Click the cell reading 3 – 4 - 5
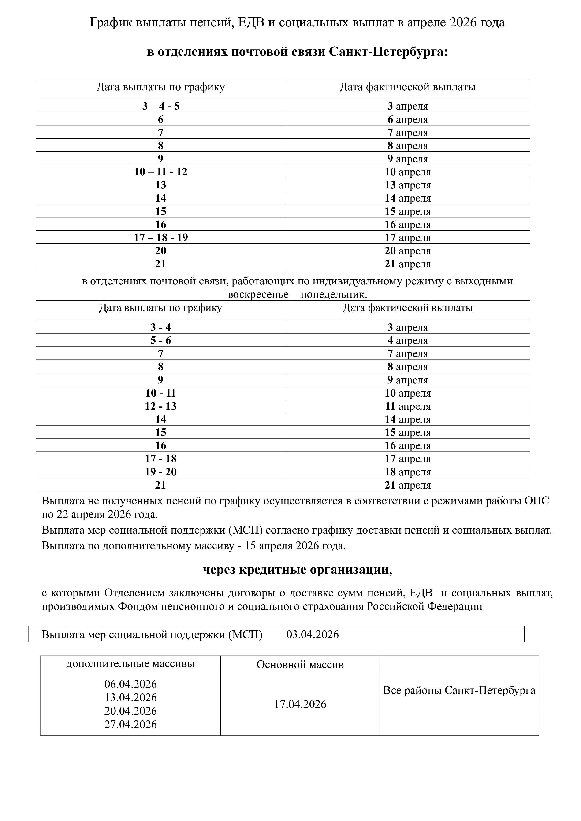tap(161, 106)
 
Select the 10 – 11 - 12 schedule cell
tap(161, 172)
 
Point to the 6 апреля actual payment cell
tap(407, 119)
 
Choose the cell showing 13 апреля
tap(407, 185)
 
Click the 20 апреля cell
tap(407, 251)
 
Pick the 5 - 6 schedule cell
tap(161, 340)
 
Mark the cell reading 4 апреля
tap(407, 340)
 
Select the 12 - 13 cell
tap(161, 406)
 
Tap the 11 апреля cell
tap(407, 406)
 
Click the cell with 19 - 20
tap(161, 472)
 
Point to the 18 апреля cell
tap(407, 472)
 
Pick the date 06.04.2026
tap(130, 684)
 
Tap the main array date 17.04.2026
tap(300, 704)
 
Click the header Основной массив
tap(300, 665)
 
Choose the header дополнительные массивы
tap(130, 664)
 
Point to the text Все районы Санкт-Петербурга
tap(459, 690)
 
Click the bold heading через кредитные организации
tap(296, 570)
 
